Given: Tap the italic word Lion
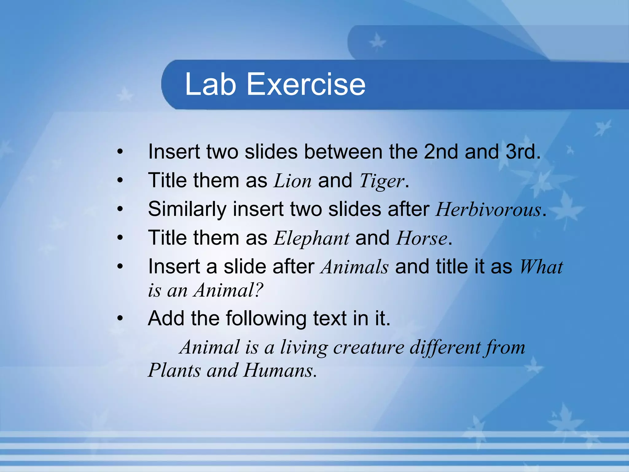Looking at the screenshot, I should [292, 181].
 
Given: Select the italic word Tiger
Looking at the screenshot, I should [381, 181].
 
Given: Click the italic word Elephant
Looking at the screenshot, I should [311, 238].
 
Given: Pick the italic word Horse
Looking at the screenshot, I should [421, 238].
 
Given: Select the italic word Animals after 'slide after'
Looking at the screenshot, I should [355, 267].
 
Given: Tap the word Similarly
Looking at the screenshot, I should [187, 210].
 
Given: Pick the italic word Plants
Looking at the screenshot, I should [174, 370].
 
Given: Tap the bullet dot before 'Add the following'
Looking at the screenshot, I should [120, 319].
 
